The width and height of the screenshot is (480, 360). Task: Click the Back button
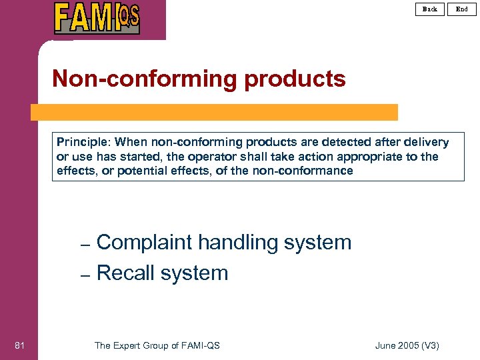pos(430,9)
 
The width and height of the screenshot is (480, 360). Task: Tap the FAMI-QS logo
pos(97,18)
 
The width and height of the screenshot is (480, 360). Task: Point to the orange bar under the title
pos(214,112)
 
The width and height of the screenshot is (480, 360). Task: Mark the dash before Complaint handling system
pos(85,244)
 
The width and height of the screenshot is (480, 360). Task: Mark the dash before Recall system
pos(85,274)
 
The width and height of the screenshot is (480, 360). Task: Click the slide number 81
pos(19,345)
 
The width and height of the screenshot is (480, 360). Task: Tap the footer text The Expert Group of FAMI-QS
pos(157,345)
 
